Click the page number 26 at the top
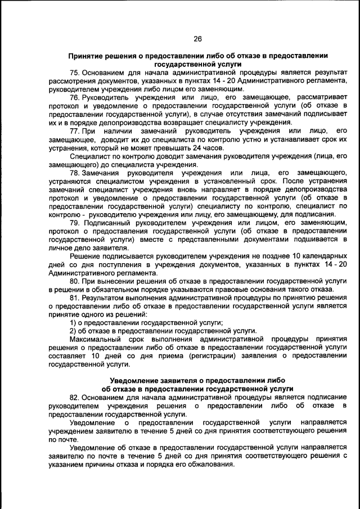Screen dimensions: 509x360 click(197, 39)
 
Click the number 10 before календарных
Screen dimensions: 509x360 click(286, 255)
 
